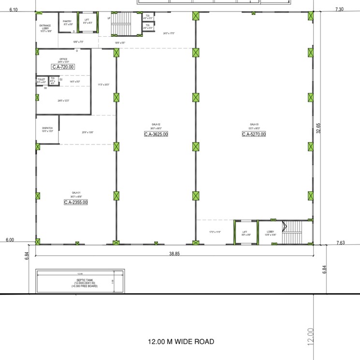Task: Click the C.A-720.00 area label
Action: click(x=63, y=67)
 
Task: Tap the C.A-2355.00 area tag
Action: click(x=76, y=202)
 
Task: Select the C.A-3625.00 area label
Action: click(x=156, y=134)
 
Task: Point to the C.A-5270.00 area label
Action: click(x=254, y=134)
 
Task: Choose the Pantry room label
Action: click(x=67, y=22)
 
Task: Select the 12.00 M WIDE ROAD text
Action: click(x=181, y=342)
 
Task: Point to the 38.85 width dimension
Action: click(x=174, y=253)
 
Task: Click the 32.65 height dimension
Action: click(x=318, y=133)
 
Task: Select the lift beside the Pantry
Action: click(x=87, y=22)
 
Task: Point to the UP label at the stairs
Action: click(x=109, y=18)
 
